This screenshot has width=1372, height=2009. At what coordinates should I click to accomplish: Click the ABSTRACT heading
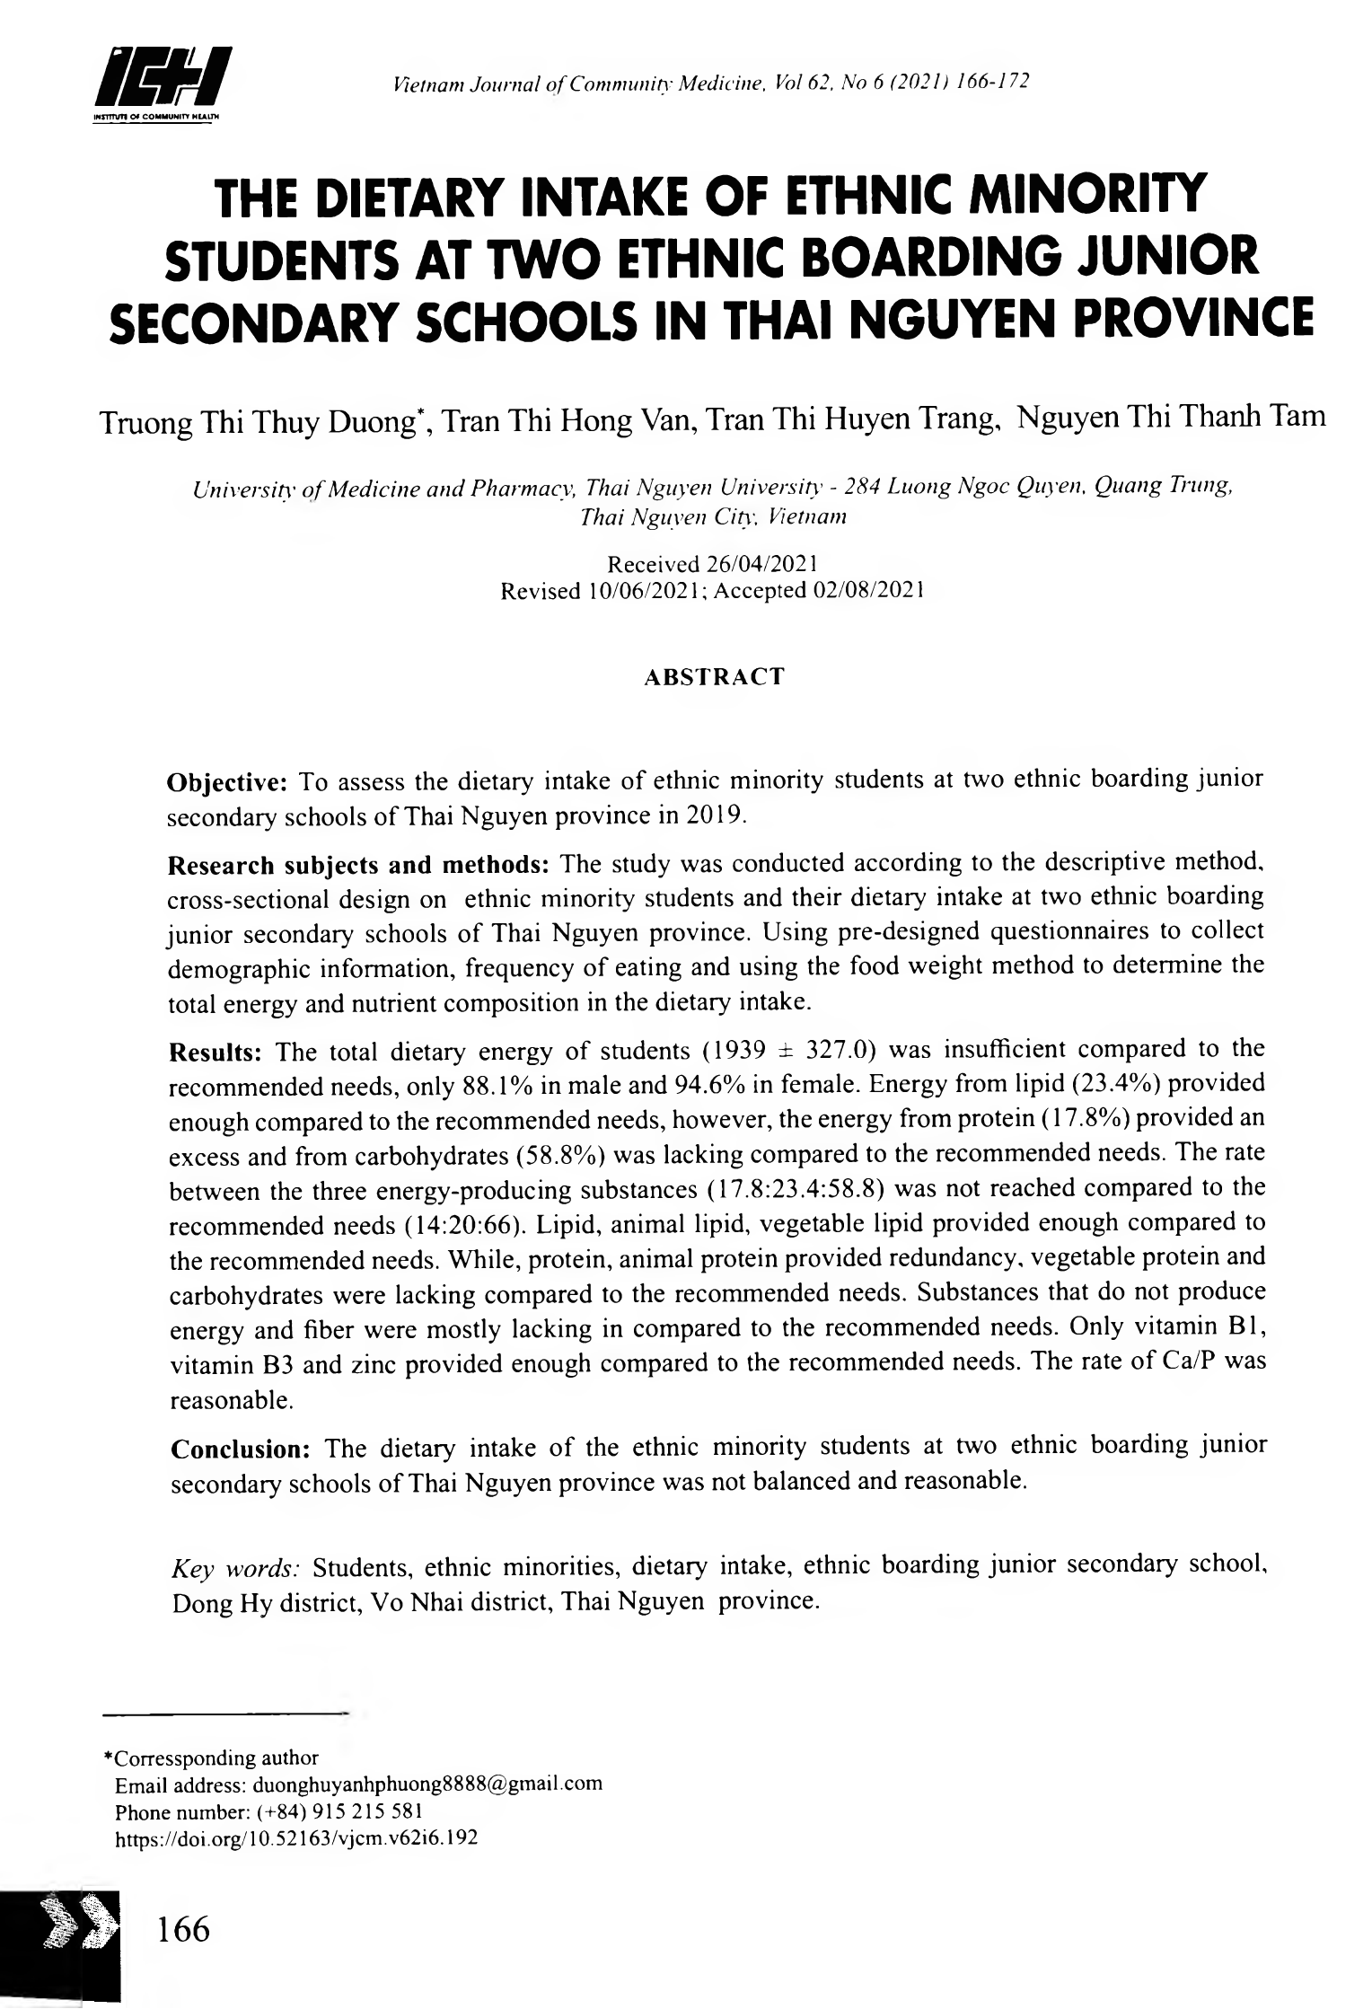tap(715, 676)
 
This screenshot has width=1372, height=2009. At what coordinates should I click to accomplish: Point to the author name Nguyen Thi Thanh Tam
tap(1174, 418)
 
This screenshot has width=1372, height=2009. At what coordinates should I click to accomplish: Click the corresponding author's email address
tap(427, 1784)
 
